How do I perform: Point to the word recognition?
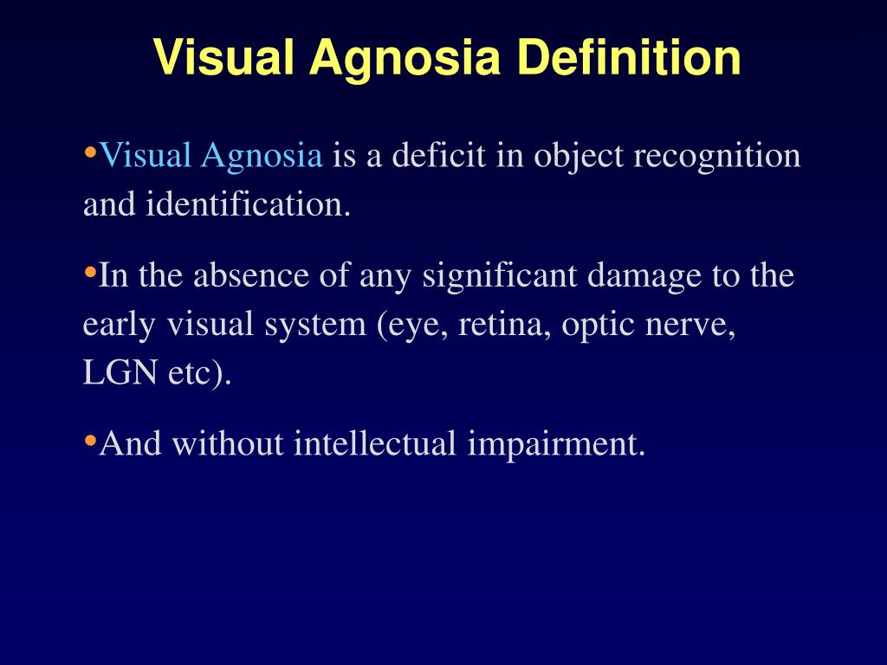point(716,156)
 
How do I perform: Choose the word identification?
point(249,206)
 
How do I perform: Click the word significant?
point(502,276)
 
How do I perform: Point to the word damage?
point(638,276)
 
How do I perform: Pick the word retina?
point(505,326)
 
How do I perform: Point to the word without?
point(228,444)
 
